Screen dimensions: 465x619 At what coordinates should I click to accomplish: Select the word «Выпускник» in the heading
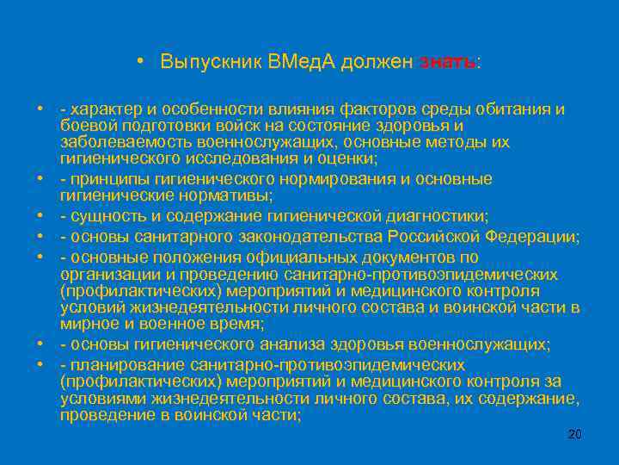pyautogui.click(x=202, y=62)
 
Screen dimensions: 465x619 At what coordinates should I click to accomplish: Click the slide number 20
pyautogui.click(x=575, y=434)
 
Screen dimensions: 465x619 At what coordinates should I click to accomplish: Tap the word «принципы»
pyautogui.click(x=108, y=178)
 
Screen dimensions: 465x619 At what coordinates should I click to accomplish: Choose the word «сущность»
pyautogui.click(x=105, y=215)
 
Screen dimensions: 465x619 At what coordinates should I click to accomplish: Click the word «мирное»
pyautogui.click(x=86, y=322)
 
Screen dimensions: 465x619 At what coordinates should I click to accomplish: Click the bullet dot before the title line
pyautogui.click(x=140, y=62)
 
